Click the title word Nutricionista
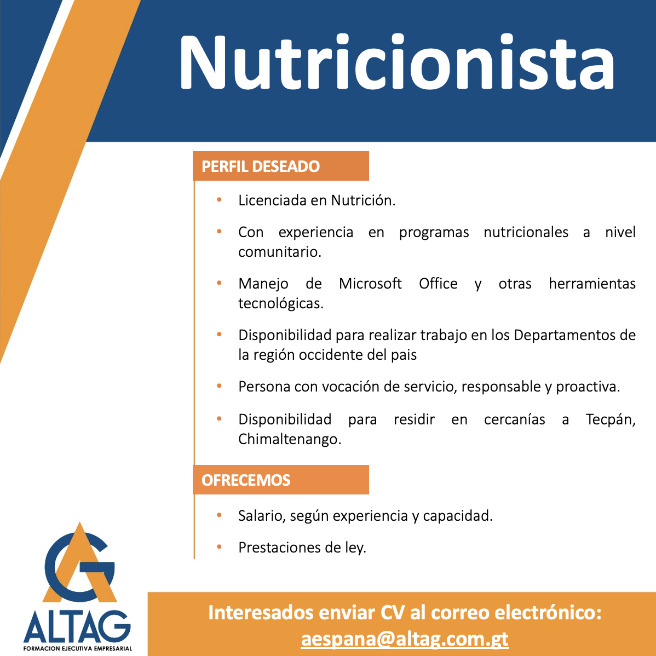point(397,62)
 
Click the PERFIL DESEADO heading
point(261,166)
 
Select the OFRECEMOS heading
point(246,480)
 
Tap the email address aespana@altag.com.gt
point(405,639)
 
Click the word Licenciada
point(272,200)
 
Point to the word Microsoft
point(370,283)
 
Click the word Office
point(438,283)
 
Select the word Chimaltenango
point(290,439)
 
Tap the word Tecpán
point(611,419)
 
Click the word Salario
point(262,515)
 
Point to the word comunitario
point(279,252)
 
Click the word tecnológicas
point(281,303)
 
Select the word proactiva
point(588,387)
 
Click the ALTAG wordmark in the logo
point(77,626)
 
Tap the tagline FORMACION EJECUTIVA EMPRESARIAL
point(78,648)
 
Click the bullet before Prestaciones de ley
point(219,547)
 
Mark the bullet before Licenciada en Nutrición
point(219,200)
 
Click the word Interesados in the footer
point(261,613)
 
